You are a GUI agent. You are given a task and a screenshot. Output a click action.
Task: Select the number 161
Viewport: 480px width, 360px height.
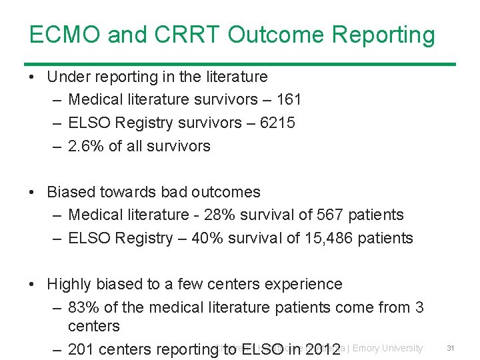coord(288,100)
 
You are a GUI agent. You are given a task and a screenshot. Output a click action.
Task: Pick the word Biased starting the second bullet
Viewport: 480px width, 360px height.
coord(70,192)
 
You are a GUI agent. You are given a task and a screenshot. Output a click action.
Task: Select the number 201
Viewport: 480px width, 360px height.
coord(81,349)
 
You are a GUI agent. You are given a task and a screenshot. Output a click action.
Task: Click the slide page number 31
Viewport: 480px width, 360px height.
coord(451,348)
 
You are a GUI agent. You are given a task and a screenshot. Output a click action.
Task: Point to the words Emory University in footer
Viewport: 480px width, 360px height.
coord(387,348)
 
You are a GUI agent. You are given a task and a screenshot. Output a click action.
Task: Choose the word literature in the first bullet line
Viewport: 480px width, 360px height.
coord(236,77)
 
